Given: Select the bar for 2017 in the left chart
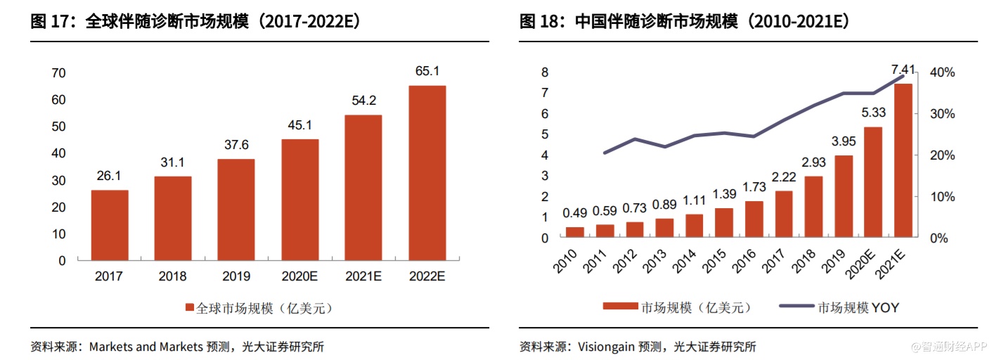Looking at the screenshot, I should [x=110, y=225].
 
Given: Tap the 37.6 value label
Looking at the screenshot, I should [x=236, y=146].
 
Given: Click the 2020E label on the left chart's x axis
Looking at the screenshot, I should [x=300, y=276].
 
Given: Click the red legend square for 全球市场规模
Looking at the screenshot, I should [x=189, y=308].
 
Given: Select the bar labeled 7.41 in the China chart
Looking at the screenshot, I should [x=903, y=160].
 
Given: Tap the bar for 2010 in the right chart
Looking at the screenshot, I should [x=575, y=232].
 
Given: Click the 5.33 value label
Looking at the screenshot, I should [x=872, y=112].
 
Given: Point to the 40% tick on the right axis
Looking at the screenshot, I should [x=942, y=72].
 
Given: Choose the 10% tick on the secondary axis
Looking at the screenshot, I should [x=942, y=196].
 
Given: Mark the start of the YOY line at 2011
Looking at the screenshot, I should [x=605, y=153].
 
